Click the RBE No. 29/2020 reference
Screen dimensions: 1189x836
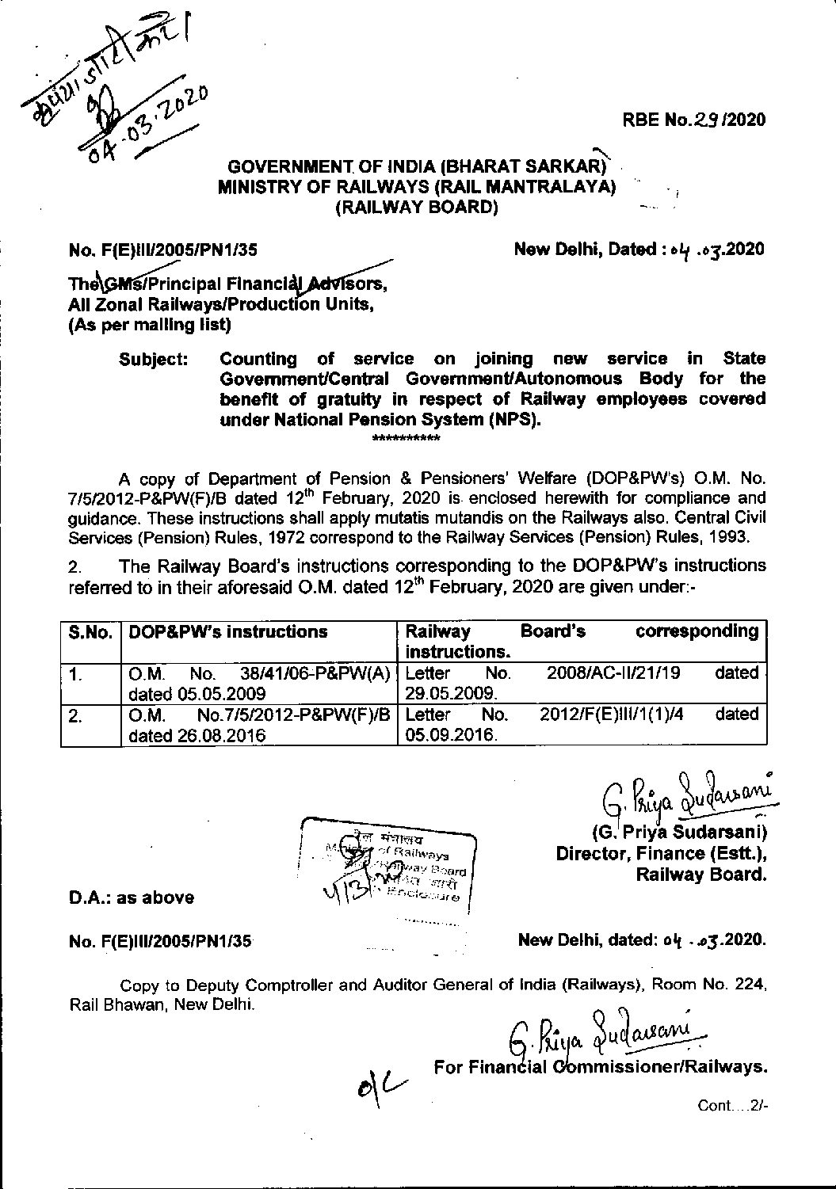693,120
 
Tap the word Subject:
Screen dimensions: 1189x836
154,359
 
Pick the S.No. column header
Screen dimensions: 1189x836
90,632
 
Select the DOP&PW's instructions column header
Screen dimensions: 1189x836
228,632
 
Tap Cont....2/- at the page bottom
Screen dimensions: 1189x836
733,1104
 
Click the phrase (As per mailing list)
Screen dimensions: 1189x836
151,325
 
